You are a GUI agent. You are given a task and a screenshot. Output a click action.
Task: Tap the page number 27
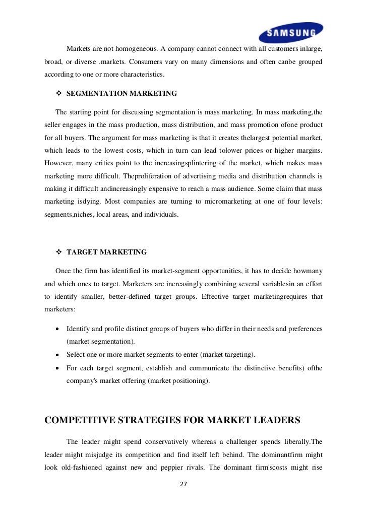coord(183,484)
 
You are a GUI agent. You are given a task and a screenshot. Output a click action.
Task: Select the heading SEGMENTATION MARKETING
coord(121,93)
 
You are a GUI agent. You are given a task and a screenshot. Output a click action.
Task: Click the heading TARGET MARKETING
coord(106,252)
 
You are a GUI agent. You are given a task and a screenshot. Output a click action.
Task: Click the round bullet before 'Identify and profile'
coord(58,329)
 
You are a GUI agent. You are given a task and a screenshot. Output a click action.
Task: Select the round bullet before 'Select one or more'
coord(58,355)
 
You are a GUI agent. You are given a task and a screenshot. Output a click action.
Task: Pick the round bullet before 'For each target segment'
coord(58,368)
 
